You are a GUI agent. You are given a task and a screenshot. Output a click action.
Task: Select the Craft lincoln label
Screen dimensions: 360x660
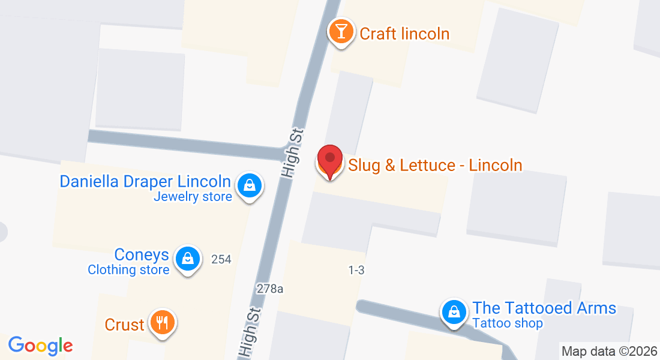tap(404, 34)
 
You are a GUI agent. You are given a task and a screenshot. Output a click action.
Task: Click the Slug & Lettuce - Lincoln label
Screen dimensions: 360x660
tap(435, 165)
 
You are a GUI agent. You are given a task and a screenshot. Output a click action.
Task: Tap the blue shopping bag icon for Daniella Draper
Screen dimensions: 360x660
tap(248, 185)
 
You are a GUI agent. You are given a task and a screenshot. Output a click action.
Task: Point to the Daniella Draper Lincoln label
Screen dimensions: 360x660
tap(145, 181)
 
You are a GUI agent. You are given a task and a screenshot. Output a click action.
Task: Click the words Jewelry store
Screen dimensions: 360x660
tap(193, 196)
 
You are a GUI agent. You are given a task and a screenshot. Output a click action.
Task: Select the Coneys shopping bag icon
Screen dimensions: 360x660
tap(188, 259)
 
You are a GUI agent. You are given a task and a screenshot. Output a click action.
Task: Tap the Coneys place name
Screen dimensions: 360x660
tap(142, 255)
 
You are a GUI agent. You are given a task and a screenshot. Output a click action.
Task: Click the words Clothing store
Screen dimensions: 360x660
tap(128, 270)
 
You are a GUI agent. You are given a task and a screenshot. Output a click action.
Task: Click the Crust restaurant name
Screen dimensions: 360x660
tap(124, 325)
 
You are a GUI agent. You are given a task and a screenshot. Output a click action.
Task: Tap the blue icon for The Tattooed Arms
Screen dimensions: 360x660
tap(455, 313)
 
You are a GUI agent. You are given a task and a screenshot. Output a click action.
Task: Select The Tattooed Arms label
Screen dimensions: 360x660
tap(544, 308)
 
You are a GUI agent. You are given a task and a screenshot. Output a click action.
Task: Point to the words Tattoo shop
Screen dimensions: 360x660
tap(508, 323)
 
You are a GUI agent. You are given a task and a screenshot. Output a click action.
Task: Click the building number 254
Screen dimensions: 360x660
tap(221, 259)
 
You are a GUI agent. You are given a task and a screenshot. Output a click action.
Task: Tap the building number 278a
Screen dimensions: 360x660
tap(270, 288)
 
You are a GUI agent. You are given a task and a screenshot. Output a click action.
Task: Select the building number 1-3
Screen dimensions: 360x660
tap(356, 271)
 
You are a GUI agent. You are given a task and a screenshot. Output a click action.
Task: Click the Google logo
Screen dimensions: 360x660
tap(40, 346)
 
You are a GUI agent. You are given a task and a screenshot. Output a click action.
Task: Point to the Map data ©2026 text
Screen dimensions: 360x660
tap(609, 351)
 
